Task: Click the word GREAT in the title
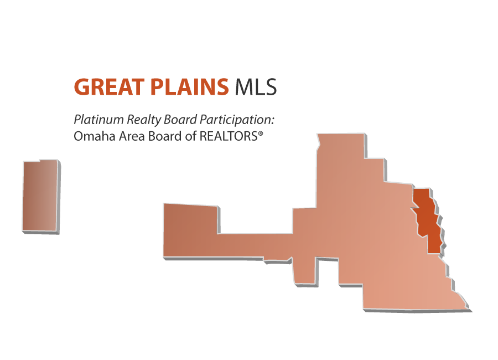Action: (109, 87)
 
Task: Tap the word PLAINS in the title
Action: (189, 87)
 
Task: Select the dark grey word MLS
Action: (256, 87)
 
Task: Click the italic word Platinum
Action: (99, 120)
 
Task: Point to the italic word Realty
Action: (144, 120)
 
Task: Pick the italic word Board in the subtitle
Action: (180, 120)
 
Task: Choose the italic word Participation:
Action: (237, 120)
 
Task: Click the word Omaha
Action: (94, 136)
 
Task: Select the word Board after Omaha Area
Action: (165, 136)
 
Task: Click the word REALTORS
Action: (229, 136)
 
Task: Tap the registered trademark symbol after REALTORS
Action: (261, 134)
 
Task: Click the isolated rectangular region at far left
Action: (41, 196)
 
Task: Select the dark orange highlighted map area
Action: (427, 221)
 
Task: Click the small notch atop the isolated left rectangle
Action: (40, 160)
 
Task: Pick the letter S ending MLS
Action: (271, 87)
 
